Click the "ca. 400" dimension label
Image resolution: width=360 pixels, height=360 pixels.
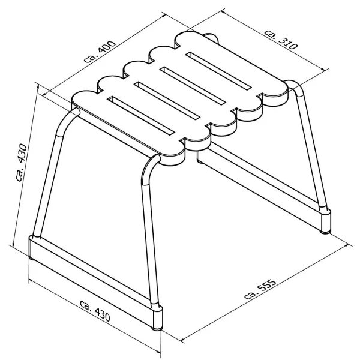[100, 52]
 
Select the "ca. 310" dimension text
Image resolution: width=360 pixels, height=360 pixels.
[281, 40]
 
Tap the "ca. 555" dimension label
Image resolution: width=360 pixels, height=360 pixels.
[260, 289]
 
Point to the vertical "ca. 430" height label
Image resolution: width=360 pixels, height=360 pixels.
[22, 163]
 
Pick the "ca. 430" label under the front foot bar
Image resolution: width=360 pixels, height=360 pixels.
[95, 310]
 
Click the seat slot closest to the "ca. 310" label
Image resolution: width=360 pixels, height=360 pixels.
[218, 71]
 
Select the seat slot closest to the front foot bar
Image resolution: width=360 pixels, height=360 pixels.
[141, 115]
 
